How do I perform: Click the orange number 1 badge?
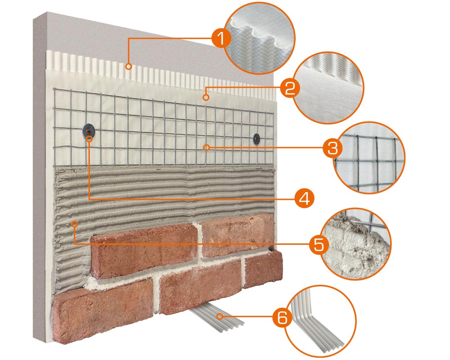(x=221, y=38)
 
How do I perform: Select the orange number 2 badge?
(x=290, y=88)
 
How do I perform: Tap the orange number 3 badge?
(x=333, y=148)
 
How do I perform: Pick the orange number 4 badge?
(x=304, y=198)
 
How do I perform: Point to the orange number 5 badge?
(x=319, y=245)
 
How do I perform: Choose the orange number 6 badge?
(x=282, y=317)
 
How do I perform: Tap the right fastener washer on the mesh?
(x=256, y=139)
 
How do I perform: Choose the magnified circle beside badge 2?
(x=328, y=88)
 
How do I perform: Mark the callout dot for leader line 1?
(x=129, y=67)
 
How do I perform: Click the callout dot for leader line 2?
(x=206, y=98)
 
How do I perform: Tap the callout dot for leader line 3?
(x=206, y=148)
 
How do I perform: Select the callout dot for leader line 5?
(x=74, y=224)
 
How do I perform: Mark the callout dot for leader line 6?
(x=220, y=317)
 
